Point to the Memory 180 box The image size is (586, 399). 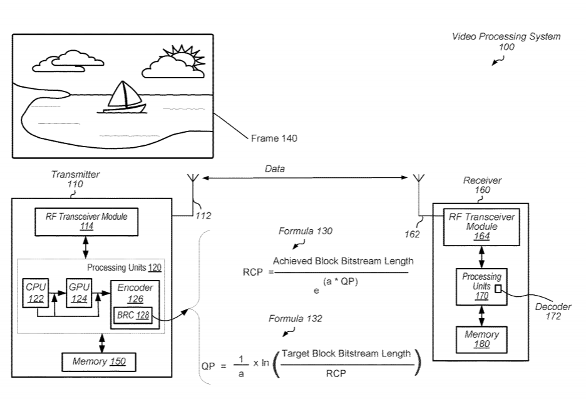click(481, 339)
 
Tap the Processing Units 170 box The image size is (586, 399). click(481, 286)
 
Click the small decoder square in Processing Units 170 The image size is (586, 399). click(498, 288)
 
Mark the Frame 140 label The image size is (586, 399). click(274, 138)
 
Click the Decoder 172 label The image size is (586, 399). click(553, 311)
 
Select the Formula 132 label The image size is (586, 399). click(296, 318)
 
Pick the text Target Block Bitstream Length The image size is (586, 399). click(346, 353)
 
